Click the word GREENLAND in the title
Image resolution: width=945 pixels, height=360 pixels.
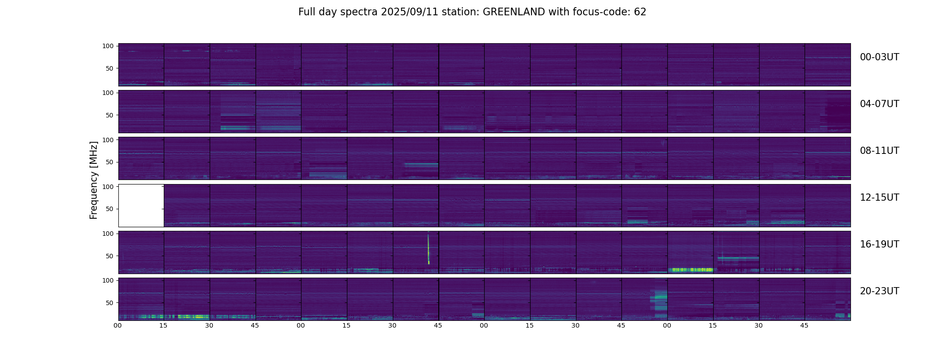coord(514,12)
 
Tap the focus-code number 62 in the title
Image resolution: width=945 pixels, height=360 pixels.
coord(640,12)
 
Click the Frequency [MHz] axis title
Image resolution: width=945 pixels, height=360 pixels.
coord(94,180)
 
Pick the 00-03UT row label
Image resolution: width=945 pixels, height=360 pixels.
coord(879,57)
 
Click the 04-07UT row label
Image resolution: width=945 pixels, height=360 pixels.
coord(879,104)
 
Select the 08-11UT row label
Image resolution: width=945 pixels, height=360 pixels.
coord(879,151)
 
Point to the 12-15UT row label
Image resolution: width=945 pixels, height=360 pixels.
coord(879,198)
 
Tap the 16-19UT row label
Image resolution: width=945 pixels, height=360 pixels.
coord(879,244)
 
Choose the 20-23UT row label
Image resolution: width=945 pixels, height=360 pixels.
coord(879,291)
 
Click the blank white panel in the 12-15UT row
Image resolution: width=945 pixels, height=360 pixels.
coord(141,205)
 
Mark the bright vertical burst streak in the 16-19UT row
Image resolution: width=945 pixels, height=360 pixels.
coord(428,250)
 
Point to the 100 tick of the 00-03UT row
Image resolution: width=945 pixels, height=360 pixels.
coord(108,46)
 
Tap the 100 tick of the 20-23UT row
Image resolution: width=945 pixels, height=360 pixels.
coord(108,280)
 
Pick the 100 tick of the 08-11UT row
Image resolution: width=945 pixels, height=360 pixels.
coord(108,140)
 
